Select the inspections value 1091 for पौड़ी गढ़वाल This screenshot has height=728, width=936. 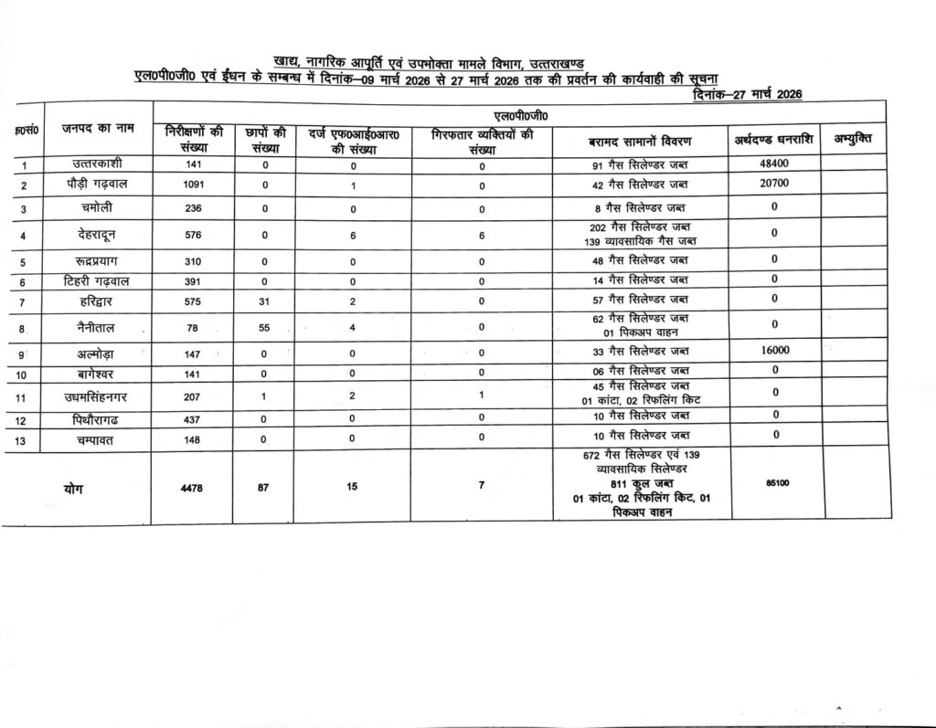(193, 184)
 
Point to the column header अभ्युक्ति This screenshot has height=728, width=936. (852, 139)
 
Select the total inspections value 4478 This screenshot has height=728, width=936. (193, 487)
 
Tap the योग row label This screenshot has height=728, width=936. (74, 489)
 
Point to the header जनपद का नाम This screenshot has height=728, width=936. (98, 129)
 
